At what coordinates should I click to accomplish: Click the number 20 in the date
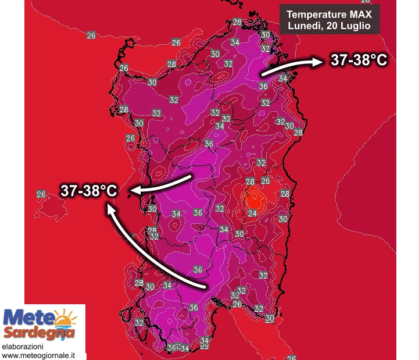332,26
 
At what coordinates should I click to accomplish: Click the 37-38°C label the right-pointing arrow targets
359,59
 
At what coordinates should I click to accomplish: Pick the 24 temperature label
252,213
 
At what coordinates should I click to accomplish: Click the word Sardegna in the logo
40,333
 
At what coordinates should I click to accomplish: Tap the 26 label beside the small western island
41,194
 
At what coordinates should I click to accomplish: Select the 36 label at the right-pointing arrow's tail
263,86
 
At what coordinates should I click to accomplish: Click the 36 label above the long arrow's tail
198,270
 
